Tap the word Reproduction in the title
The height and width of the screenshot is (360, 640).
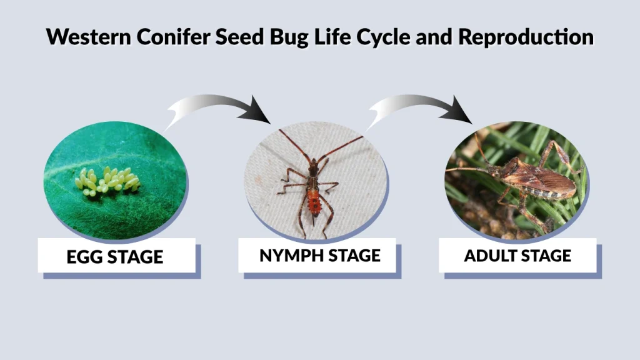[x=526, y=37]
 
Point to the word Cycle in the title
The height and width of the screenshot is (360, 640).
[x=388, y=37]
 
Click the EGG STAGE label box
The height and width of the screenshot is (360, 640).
[x=116, y=256]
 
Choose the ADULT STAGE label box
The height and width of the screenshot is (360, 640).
[x=517, y=255]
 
